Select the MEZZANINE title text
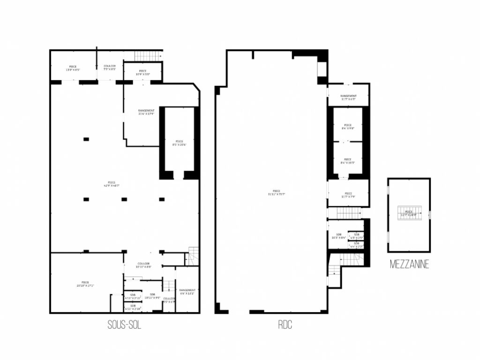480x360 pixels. coord(409,265)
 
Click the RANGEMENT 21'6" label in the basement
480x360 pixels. coord(147,112)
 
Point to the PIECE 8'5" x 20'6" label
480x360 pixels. coord(180,143)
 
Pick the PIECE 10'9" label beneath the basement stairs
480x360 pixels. coord(142,73)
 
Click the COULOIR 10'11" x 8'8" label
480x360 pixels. coord(143,265)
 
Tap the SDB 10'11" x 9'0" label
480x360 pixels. coord(152,296)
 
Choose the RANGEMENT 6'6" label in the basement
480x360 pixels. coord(187,292)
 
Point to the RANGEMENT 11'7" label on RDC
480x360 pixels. coord(348,97)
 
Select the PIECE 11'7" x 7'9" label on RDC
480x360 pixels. coord(348,195)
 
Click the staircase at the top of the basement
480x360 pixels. coord(148,56)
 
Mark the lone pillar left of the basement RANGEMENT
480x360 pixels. coord(86,139)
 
